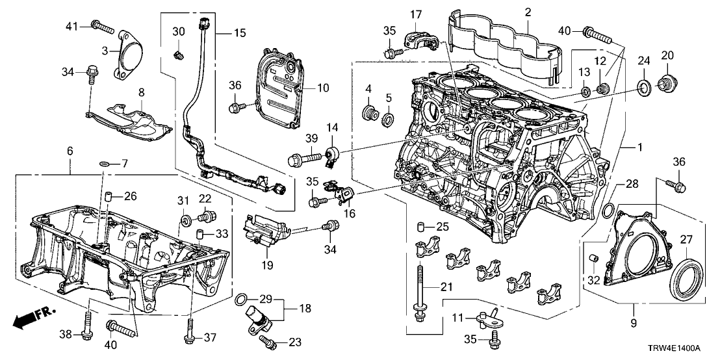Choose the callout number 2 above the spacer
click(528, 12)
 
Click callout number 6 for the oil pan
click(70, 151)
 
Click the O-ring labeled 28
click(607, 210)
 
